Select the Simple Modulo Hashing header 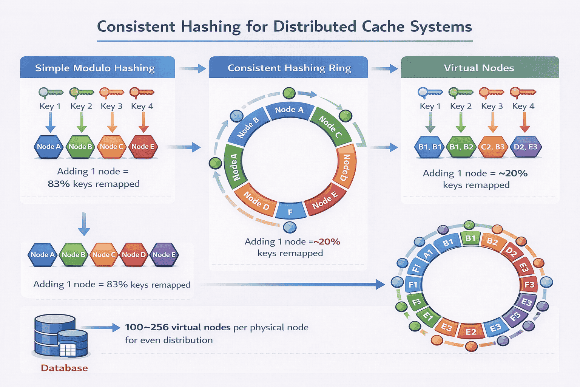pyautogui.click(x=95, y=68)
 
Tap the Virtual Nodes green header pyautogui.click(x=479, y=68)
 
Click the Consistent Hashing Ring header pyautogui.click(x=289, y=68)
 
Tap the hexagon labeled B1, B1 pyautogui.click(x=430, y=147)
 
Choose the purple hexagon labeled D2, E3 pyautogui.click(x=525, y=147)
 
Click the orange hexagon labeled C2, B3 pyautogui.click(x=492, y=147)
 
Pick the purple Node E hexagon pyautogui.click(x=164, y=255)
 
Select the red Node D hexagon pyautogui.click(x=134, y=255)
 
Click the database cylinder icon pyautogui.click(x=60, y=336)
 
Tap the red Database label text pyautogui.click(x=64, y=368)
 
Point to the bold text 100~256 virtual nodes pyautogui.click(x=177, y=327)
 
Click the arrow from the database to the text pyautogui.click(x=100, y=328)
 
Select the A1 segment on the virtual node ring pyautogui.click(x=428, y=254)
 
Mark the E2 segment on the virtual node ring pyautogui.click(x=470, y=332)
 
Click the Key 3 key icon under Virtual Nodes pyautogui.click(x=491, y=93)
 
